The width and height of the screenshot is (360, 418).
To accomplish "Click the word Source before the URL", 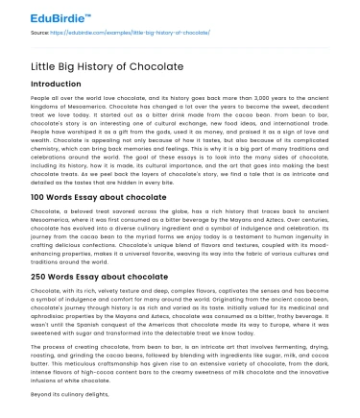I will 40,34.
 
